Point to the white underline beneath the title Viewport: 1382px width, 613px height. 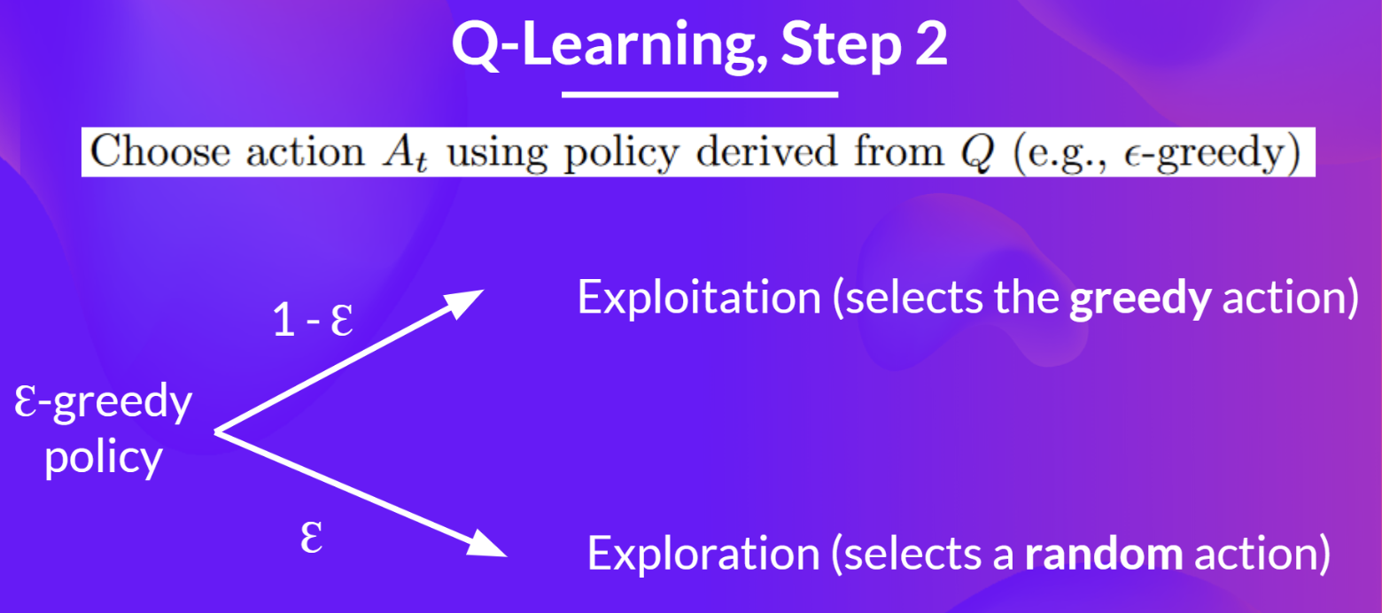coord(700,93)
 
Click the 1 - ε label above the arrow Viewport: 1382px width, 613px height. coord(313,321)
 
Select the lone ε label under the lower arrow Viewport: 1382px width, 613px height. coord(310,537)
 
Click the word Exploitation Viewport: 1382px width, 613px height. coord(699,299)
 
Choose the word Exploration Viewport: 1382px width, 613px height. coord(703,554)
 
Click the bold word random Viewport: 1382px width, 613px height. coord(1103,555)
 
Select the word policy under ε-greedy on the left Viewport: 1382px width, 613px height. coord(103,458)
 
